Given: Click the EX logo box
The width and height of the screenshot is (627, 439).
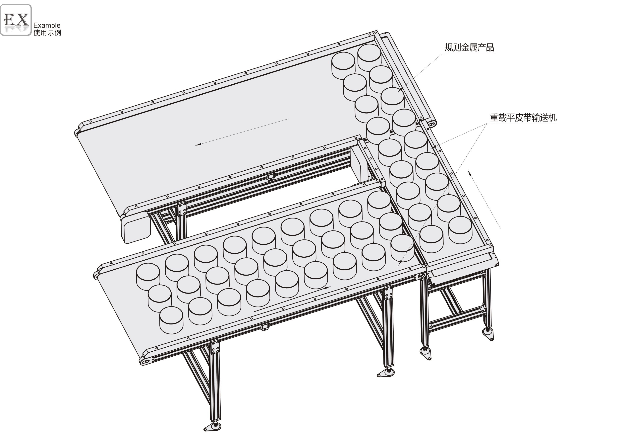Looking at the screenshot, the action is (x=16, y=20).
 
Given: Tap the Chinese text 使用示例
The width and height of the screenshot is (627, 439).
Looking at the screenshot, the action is (x=47, y=33).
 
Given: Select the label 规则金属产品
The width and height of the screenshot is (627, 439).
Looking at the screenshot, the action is (x=469, y=47).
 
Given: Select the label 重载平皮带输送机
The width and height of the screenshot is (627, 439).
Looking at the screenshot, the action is (x=523, y=118).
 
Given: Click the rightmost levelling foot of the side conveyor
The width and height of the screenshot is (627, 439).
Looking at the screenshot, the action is (x=488, y=334).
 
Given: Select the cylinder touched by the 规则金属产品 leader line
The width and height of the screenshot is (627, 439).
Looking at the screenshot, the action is (x=392, y=101).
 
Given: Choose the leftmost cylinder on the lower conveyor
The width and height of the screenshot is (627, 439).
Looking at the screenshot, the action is (x=148, y=277).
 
